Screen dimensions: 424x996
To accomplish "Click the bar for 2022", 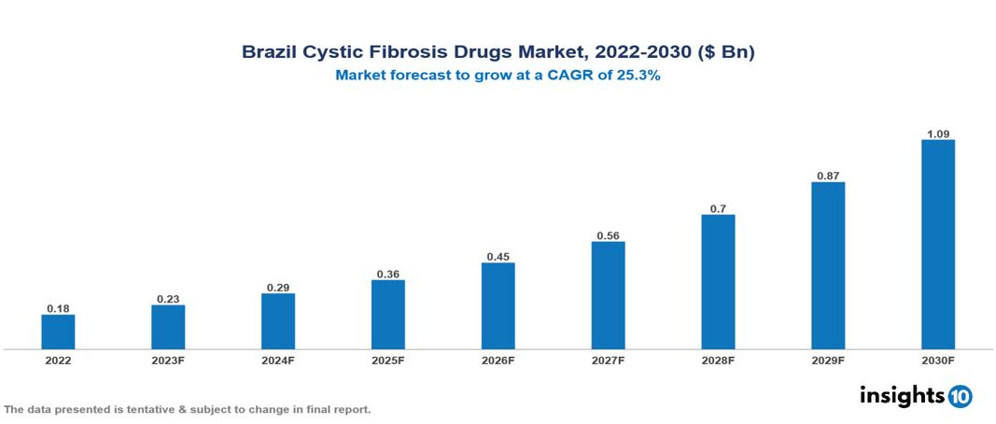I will pyautogui.click(x=58, y=332).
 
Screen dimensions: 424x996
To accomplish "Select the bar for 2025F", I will pyautogui.click(x=387, y=315).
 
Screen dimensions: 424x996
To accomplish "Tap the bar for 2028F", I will pyautogui.click(x=718, y=282).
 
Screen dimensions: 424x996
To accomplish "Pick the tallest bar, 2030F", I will pyautogui.click(x=938, y=245).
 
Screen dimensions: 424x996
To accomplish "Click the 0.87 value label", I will pyautogui.click(x=828, y=175).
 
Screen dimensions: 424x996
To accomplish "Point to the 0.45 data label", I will pyautogui.click(x=498, y=256).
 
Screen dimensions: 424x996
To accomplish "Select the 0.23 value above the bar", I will pyautogui.click(x=168, y=299).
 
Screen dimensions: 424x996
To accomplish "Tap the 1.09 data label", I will pyautogui.click(x=938, y=134).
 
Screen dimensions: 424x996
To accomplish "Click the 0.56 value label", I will pyautogui.click(x=608, y=235).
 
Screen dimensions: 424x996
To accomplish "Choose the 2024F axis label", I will pyautogui.click(x=278, y=360).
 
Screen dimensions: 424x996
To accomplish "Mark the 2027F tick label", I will pyautogui.click(x=608, y=360).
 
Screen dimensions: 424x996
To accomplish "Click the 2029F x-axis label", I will pyautogui.click(x=828, y=360).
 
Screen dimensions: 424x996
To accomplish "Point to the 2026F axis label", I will pyautogui.click(x=498, y=360).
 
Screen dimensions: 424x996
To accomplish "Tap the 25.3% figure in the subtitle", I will pyautogui.click(x=638, y=77).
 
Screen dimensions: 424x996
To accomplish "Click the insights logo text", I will pyautogui.click(x=902, y=395).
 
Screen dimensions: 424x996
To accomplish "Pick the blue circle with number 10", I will pyautogui.click(x=960, y=396).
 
